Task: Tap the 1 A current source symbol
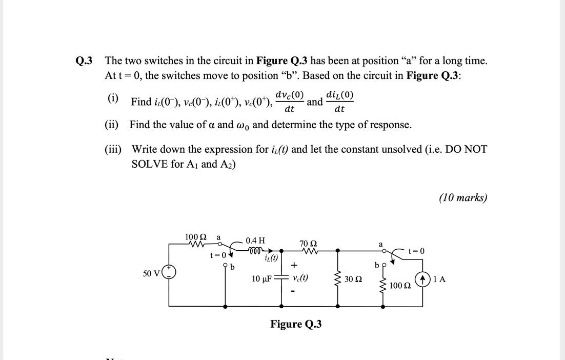[423, 280]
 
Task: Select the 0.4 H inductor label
[255, 241]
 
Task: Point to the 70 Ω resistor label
[308, 243]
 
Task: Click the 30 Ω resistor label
[353, 279]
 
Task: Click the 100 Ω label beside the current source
[399, 285]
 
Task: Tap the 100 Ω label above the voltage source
[195, 237]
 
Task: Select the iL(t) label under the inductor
[271, 258]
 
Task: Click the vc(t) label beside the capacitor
[300, 278]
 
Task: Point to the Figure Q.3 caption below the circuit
[296, 324]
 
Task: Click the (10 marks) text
[462, 198]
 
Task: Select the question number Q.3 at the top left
[84, 61]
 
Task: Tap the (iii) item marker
[113, 149]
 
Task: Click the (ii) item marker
[112, 125]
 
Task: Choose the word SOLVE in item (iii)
[148, 164]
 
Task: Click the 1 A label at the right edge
[439, 279]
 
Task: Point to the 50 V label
[152, 273]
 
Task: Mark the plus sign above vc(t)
[294, 265]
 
